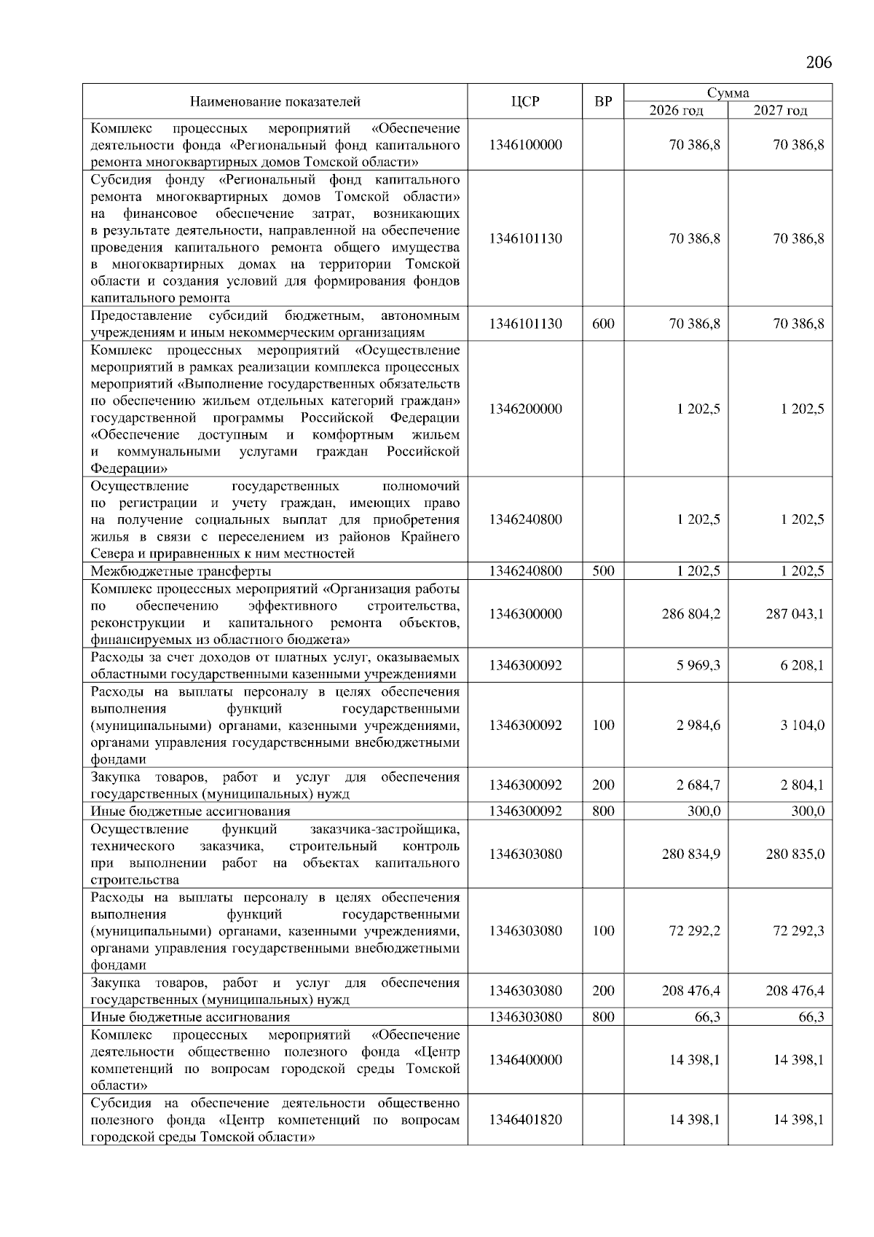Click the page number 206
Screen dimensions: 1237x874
[x=819, y=62]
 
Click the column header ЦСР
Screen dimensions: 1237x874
[x=525, y=101]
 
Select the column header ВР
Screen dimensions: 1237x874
[x=603, y=101]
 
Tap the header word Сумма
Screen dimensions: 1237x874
[x=728, y=93]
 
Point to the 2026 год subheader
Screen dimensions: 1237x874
[x=677, y=110]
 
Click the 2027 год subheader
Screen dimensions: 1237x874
[x=780, y=110]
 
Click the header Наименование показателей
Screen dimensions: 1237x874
[x=275, y=101]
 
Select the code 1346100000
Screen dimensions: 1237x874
[x=525, y=144]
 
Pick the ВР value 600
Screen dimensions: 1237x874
[x=603, y=323]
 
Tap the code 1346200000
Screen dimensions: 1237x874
[x=525, y=409]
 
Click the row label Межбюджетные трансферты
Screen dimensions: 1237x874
[x=181, y=571]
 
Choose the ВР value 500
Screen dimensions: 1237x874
[x=603, y=571]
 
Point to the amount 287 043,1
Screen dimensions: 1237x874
[x=795, y=614]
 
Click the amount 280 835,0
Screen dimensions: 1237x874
[x=795, y=854]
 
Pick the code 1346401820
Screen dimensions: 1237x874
[x=525, y=1119]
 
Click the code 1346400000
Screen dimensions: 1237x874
[x=525, y=1060]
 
